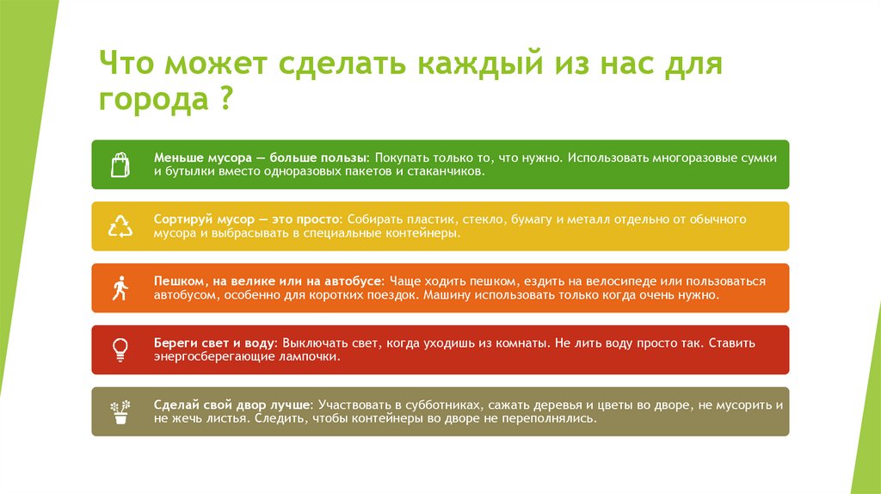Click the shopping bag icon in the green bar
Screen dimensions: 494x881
[120, 164]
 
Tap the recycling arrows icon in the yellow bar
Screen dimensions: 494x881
[120, 226]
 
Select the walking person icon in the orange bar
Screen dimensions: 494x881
[120, 288]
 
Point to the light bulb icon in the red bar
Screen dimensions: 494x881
[120, 349]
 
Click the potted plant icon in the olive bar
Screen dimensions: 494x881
[120, 411]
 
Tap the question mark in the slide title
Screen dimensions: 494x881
[222, 101]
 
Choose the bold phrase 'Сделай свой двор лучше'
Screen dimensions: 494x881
[233, 404]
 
